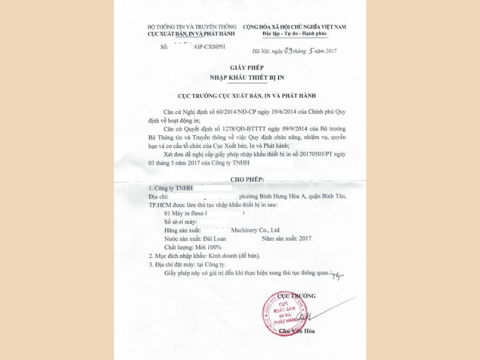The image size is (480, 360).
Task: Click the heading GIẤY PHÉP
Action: click(x=246, y=68)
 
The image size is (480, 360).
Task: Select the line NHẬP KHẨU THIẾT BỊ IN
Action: click(x=246, y=78)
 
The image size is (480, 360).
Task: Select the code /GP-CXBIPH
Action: click(x=210, y=46)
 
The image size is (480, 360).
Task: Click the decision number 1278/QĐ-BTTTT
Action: click(x=239, y=128)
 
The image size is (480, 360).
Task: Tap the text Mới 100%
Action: click(x=206, y=247)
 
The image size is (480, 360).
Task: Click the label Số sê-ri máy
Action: click(x=181, y=221)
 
